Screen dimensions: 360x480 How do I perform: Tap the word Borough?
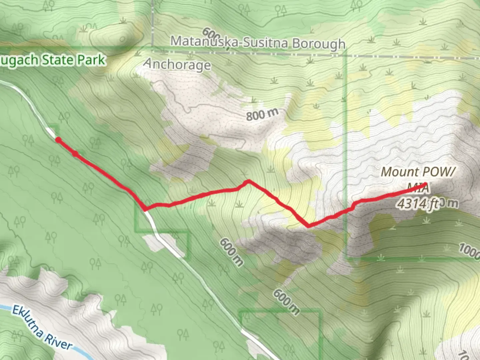[x=319, y=44]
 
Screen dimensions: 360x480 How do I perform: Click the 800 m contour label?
[x=262, y=114]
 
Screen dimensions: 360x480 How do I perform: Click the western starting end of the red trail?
[x=58, y=140]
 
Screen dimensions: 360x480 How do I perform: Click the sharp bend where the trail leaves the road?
[x=145, y=209]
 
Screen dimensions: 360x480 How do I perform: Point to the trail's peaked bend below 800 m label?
[x=248, y=181]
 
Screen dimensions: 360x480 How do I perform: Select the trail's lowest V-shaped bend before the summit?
[x=309, y=226]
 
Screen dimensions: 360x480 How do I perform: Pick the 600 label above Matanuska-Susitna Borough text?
[x=211, y=35]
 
